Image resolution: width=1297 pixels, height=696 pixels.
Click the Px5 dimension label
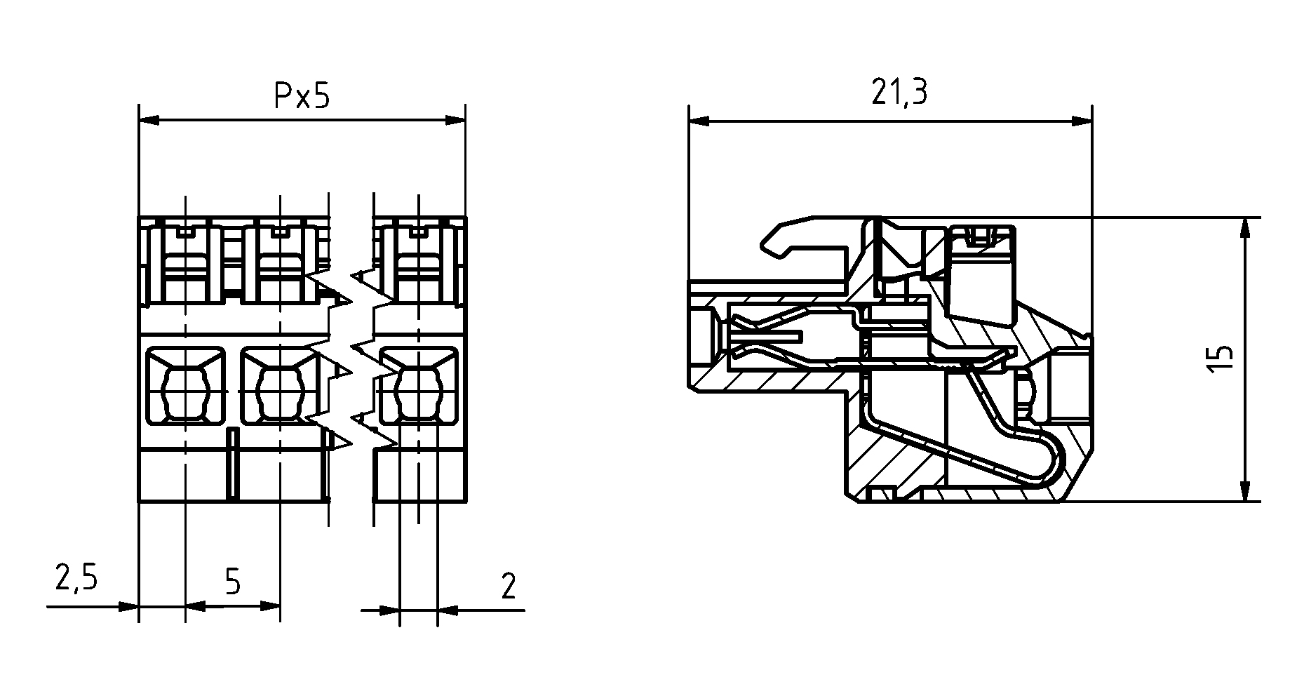tap(300, 97)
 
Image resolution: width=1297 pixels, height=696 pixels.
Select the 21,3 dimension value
tap(899, 92)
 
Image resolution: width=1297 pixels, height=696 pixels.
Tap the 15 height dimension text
tap(1221, 359)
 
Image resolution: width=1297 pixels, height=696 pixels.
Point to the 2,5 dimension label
tap(76, 579)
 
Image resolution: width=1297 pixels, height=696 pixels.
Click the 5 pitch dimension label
tap(233, 582)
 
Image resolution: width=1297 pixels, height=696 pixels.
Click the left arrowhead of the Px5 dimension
tap(149, 121)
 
